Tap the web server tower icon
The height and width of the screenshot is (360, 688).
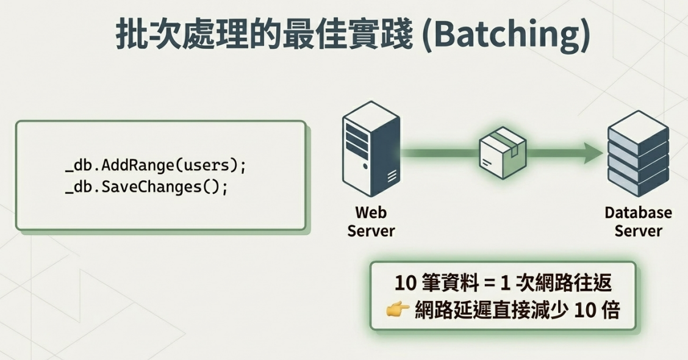tap(371, 149)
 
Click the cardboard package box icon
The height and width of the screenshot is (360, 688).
tap(503, 153)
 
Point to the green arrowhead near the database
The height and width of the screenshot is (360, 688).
tap(593, 153)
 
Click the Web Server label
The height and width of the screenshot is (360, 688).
tap(371, 221)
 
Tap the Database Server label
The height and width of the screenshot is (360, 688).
tap(638, 221)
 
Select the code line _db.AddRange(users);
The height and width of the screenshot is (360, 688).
tap(156, 165)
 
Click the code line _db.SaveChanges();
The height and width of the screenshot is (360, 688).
tap(146, 187)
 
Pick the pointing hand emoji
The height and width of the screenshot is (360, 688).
tap(398, 309)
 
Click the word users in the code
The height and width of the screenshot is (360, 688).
tap(206, 165)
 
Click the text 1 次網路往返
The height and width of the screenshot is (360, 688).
tap(556, 283)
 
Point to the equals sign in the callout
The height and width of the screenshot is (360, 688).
tap(489, 284)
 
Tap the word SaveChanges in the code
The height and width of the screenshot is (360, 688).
tap(151, 187)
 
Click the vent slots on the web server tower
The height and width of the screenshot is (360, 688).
tap(392, 176)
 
